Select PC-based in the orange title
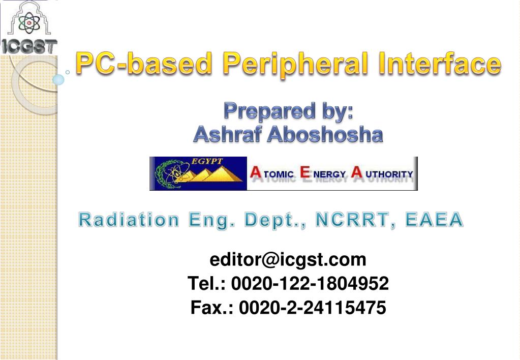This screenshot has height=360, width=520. pyautogui.click(x=144, y=65)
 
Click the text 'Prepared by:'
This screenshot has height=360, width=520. pyautogui.click(x=289, y=111)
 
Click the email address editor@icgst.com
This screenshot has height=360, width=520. pyautogui.click(x=288, y=259)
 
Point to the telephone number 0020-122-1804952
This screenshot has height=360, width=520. pyautogui.click(x=310, y=283)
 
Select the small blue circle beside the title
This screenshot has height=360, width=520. pyautogui.click(x=68, y=72)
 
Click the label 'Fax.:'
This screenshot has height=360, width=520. pyautogui.click(x=212, y=307)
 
